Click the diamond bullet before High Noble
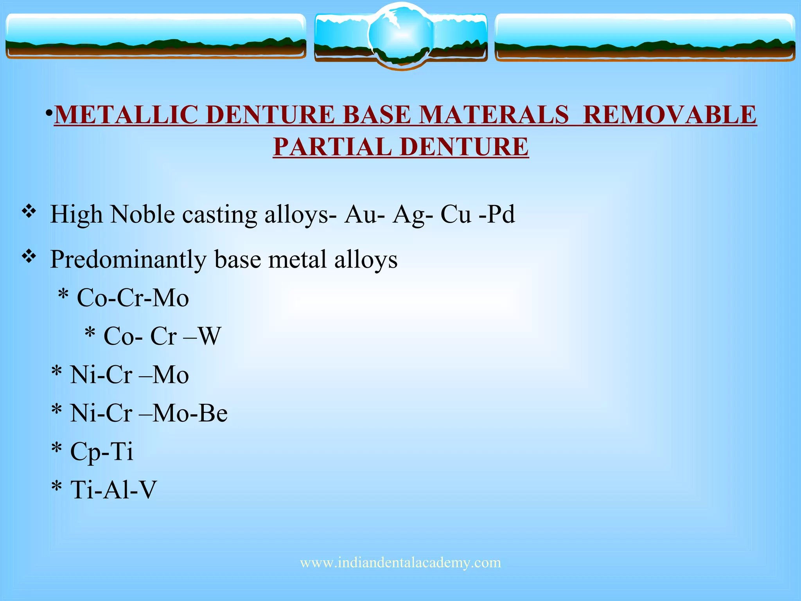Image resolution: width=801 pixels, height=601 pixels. coord(29,212)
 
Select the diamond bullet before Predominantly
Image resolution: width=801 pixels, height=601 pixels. coord(29,257)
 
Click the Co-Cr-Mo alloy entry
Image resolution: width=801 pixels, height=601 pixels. coord(133,298)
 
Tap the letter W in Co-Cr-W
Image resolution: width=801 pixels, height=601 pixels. coord(210,336)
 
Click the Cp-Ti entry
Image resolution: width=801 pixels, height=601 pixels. coord(101,452)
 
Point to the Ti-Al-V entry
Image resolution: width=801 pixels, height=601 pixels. coord(113,489)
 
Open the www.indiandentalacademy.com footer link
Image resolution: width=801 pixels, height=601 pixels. coord(400,563)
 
